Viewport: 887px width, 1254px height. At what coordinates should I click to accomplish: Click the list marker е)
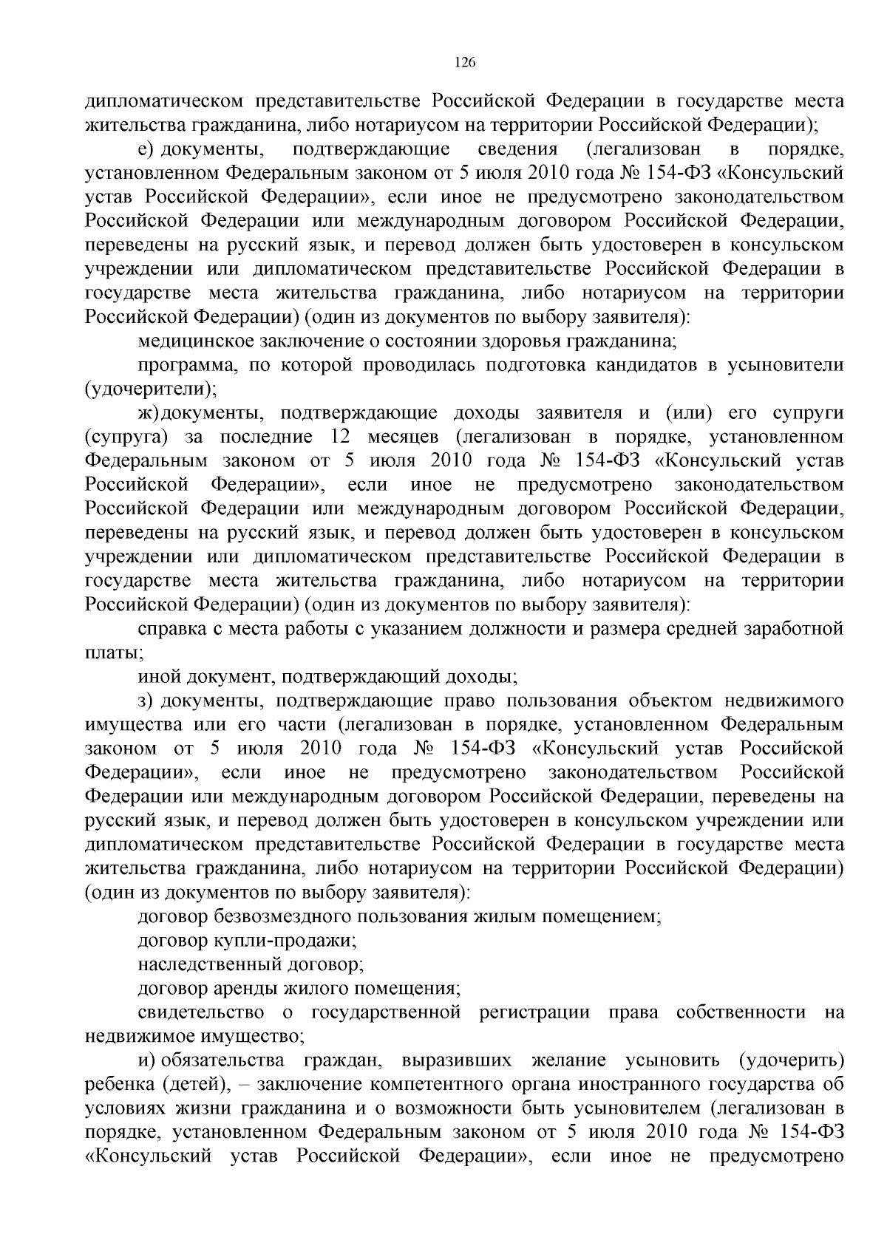146,150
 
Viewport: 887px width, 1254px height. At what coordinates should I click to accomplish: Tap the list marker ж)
149,413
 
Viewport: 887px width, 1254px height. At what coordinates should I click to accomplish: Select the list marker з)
146,701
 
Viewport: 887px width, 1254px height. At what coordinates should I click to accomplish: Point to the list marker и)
146,1060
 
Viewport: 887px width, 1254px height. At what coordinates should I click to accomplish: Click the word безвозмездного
282,917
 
